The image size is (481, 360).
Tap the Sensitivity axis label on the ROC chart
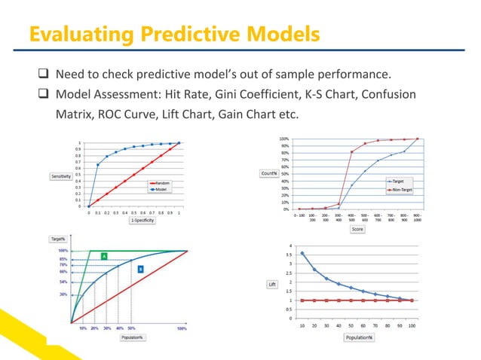click(x=61, y=177)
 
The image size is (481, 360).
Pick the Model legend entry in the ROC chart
click(x=160, y=189)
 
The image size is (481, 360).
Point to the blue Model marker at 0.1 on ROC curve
click(x=98, y=165)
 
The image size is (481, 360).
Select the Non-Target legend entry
click(x=400, y=190)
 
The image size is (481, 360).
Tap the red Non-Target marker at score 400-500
click(x=351, y=151)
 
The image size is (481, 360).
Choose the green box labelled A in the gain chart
click(x=103, y=257)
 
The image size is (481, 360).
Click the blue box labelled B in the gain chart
click(x=140, y=268)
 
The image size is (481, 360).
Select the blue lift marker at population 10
click(x=302, y=253)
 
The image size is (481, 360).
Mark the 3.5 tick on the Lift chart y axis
click(x=291, y=255)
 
